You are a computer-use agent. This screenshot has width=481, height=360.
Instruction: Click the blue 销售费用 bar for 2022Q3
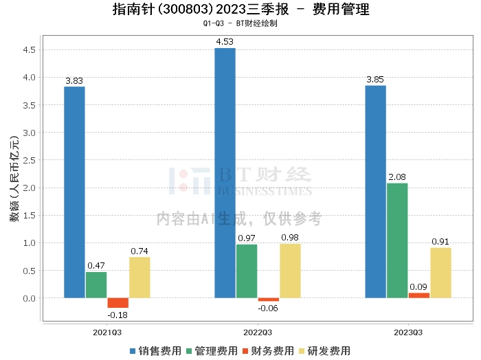pyautogui.click(x=225, y=172)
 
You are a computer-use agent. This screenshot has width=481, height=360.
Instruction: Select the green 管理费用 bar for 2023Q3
pyautogui.click(x=397, y=240)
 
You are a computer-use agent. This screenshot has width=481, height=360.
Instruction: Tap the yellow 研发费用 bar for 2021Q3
pyautogui.click(x=139, y=277)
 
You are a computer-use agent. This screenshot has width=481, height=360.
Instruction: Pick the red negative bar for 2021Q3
pyautogui.click(x=118, y=303)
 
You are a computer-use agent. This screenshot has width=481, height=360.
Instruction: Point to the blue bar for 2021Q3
pyautogui.click(x=74, y=192)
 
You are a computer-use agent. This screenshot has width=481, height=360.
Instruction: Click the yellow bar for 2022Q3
pyautogui.click(x=290, y=271)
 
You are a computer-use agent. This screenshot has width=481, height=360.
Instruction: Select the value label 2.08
pyautogui.click(x=397, y=177)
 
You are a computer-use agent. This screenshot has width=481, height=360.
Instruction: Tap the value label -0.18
pyautogui.click(x=118, y=315)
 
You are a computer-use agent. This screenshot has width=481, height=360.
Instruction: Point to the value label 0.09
pyautogui.click(x=418, y=286)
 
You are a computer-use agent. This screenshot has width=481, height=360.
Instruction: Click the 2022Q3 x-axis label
pyautogui.click(x=258, y=332)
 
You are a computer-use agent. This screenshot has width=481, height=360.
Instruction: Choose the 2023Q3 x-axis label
pyautogui.click(x=408, y=332)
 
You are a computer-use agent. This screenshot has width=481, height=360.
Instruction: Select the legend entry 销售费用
pyautogui.click(x=155, y=350)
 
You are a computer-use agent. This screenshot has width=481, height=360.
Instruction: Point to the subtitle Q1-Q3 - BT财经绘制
pyautogui.click(x=240, y=23)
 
